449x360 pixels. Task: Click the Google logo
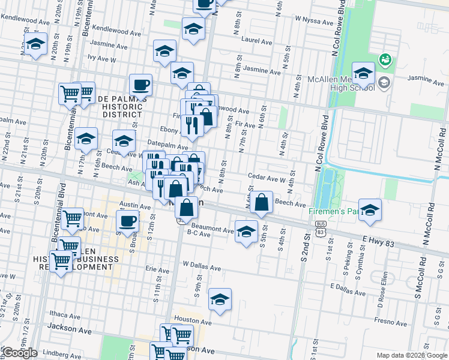pyautogui.click(x=19, y=353)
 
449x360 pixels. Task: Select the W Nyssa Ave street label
pyautogui.click(x=313, y=22)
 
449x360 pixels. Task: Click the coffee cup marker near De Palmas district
pyautogui.click(x=140, y=85)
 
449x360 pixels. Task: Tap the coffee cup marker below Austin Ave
pyautogui.click(x=128, y=221)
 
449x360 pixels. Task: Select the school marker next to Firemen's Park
pyautogui.click(x=370, y=210)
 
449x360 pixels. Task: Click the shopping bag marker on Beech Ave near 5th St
pyautogui.click(x=262, y=203)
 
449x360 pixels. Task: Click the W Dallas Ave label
pyautogui.click(x=202, y=265)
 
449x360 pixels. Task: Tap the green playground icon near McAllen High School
pyautogui.click(x=384, y=59)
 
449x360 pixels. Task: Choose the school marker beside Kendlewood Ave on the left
pyautogui.click(x=35, y=44)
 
